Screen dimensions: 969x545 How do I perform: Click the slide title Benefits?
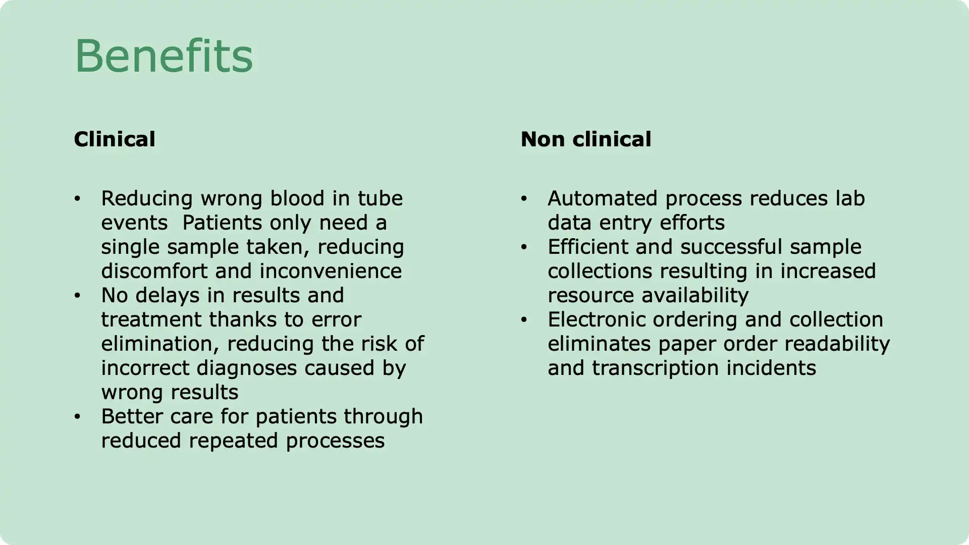[x=164, y=56]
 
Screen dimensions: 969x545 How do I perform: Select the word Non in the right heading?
[x=543, y=139]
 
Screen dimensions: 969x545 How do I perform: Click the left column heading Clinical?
[x=115, y=139]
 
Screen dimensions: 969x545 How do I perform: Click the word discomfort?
[x=154, y=271]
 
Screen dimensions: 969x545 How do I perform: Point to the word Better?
[x=132, y=416]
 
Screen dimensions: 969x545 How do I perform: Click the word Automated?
[x=603, y=198]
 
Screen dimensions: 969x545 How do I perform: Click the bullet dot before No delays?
[x=77, y=295]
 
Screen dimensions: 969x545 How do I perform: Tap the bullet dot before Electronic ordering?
[x=524, y=319]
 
